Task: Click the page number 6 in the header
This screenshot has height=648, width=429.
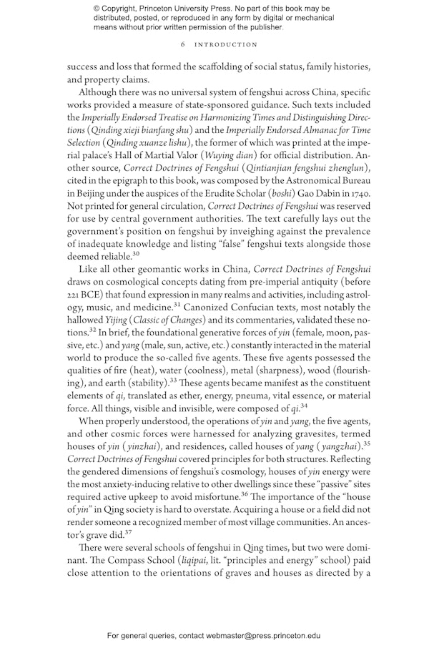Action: click(184, 44)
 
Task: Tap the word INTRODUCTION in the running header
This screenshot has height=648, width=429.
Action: click(223, 44)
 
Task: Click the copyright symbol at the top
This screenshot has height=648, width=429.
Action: click(97, 8)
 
